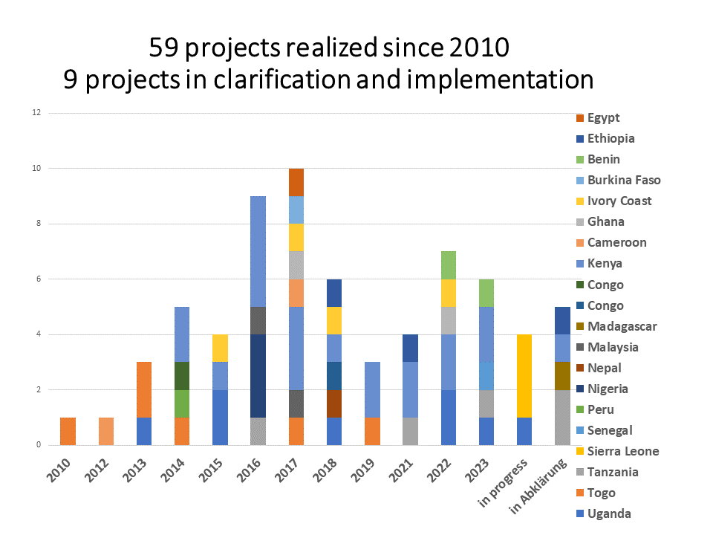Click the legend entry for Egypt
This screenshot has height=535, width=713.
coord(603,117)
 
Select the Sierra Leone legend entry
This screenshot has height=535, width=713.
coord(622,451)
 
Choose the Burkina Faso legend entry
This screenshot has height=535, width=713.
coord(623,180)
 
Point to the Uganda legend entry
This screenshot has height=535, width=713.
coord(609,513)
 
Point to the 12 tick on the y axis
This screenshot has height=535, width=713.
coord(35,113)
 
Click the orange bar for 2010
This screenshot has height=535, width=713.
coord(68,431)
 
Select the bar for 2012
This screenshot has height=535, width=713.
coord(106,431)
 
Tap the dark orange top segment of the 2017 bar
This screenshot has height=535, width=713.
coord(296,182)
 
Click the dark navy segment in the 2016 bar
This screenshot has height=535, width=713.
coord(258,375)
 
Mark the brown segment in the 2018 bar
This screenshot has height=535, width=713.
coord(335,403)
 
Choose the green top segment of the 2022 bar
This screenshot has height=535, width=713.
coord(447,265)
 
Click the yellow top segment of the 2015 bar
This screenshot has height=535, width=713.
coord(219,348)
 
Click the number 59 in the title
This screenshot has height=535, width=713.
coord(165,48)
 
